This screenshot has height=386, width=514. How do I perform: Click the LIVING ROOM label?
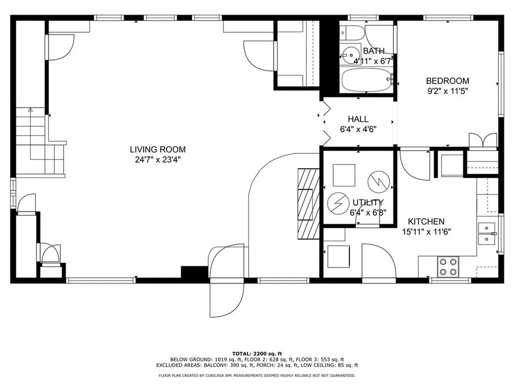point(158,149)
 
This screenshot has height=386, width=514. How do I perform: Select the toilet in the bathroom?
point(352,33)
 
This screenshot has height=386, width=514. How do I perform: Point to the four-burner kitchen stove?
point(448,266)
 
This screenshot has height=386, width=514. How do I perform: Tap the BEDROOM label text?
point(447,81)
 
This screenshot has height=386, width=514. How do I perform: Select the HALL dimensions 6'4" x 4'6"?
point(358,129)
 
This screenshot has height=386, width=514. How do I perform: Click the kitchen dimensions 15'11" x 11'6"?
point(427,232)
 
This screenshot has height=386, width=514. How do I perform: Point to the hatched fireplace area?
point(309,204)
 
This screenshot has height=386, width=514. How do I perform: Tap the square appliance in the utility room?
point(344,175)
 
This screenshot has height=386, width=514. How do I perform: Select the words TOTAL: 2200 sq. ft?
point(257,353)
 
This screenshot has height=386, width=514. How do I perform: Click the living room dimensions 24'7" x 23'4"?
point(158,160)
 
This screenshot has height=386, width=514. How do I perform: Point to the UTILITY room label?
point(368,202)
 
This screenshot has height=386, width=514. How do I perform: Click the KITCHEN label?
point(426,221)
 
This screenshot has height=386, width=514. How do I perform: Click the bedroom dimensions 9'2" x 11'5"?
point(447,91)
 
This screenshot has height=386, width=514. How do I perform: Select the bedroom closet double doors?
point(483,141)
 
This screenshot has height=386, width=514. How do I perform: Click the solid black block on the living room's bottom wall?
point(195,272)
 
